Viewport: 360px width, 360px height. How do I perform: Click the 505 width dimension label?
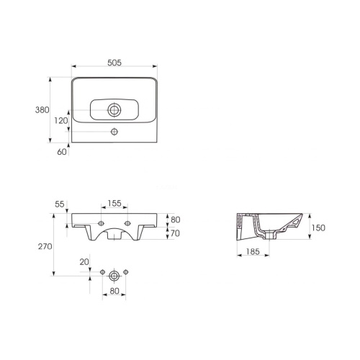[114, 63]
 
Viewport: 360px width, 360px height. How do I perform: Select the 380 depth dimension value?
[42, 110]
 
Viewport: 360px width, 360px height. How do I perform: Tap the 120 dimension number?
[60, 121]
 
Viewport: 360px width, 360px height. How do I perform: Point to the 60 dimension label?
[62, 152]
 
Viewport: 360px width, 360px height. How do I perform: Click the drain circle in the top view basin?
[114, 110]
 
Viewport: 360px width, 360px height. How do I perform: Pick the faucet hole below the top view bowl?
[114, 132]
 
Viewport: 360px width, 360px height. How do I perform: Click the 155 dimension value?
[114, 203]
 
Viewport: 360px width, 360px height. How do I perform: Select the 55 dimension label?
[60, 204]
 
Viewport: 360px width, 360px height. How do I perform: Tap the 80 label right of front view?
[176, 220]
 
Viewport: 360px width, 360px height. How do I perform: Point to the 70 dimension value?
[176, 233]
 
